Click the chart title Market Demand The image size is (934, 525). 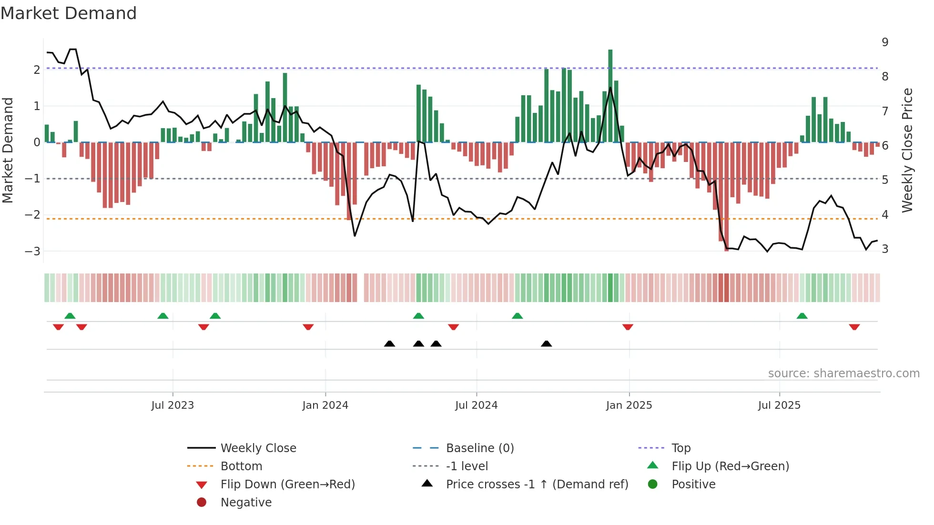pyautogui.click(x=69, y=13)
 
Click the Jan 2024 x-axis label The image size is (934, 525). pyautogui.click(x=325, y=405)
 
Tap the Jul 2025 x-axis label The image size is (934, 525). pyautogui.click(x=779, y=405)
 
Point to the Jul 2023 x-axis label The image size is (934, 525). pyautogui.click(x=173, y=405)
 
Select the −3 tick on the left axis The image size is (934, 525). pyautogui.click(x=32, y=251)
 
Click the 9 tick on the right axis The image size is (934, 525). pyautogui.click(x=885, y=42)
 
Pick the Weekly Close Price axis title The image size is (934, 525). pyautogui.click(x=907, y=150)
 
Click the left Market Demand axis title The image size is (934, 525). pyautogui.click(x=8, y=150)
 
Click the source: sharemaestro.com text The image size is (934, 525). pyautogui.click(x=843, y=374)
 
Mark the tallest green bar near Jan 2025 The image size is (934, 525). pyautogui.click(x=610, y=95)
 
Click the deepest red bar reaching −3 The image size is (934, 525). pyautogui.click(x=727, y=200)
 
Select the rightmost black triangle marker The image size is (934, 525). pyautogui.click(x=547, y=344)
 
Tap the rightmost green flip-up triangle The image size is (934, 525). pyautogui.click(x=802, y=316)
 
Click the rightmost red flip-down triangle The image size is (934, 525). pyautogui.click(x=854, y=327)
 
